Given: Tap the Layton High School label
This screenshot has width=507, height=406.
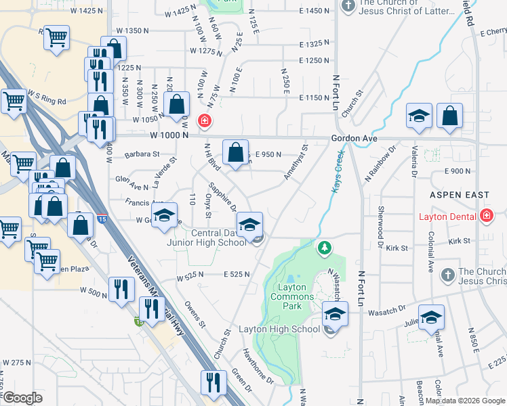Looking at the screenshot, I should coord(279,330).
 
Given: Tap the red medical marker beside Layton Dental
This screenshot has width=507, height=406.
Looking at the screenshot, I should coord(486,217).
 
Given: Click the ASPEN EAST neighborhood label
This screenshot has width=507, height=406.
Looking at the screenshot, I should coord(460,195).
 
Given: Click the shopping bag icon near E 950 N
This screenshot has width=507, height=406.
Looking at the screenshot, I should coord(235,152).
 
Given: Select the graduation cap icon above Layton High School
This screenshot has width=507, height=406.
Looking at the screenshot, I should coord(334,313).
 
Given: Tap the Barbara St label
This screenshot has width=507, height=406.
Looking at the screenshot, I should coord(141,154).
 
